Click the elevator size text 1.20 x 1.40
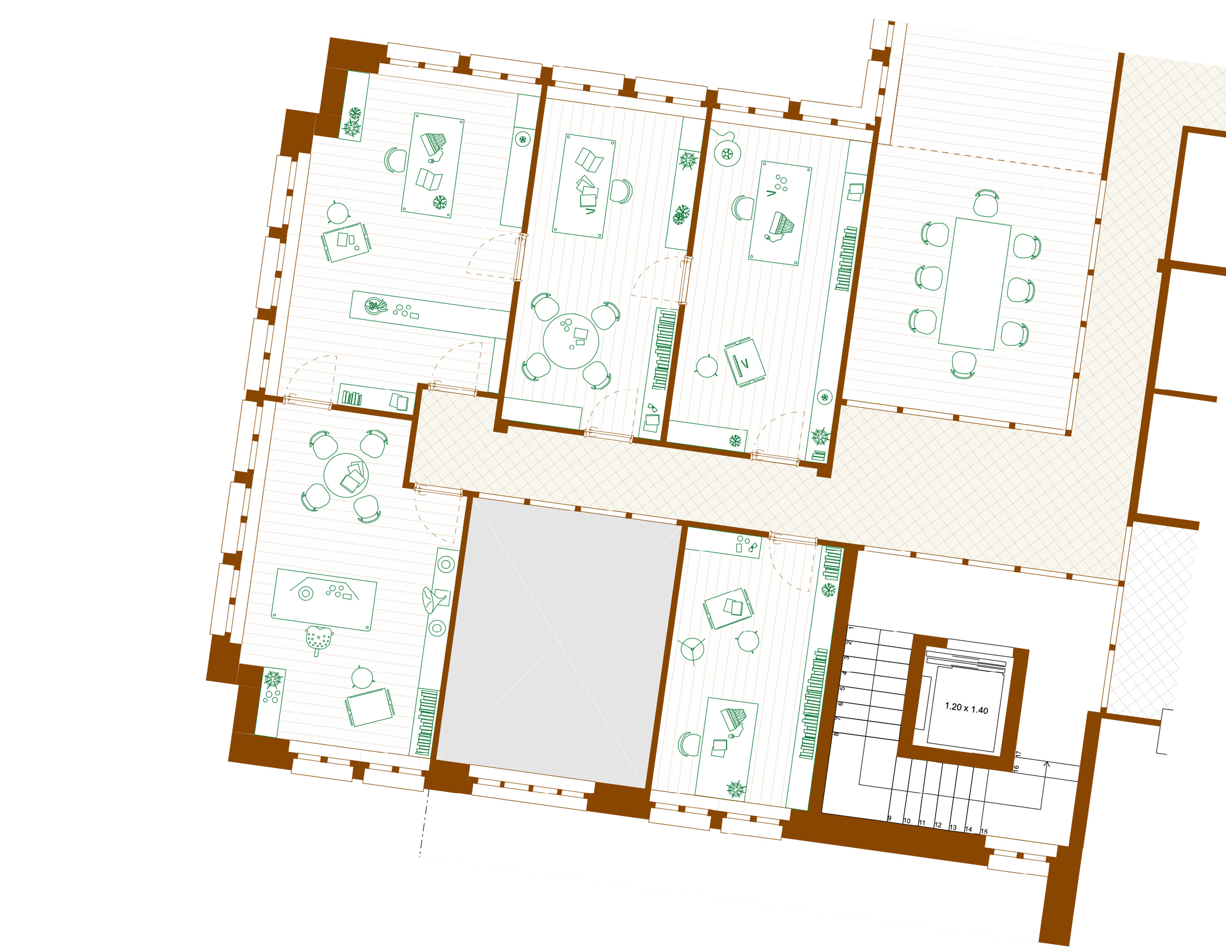point(966,708)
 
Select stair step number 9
point(889,818)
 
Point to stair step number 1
point(851,628)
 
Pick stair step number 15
point(984,831)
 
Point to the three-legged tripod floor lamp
point(693,650)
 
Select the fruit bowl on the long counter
point(375,306)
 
